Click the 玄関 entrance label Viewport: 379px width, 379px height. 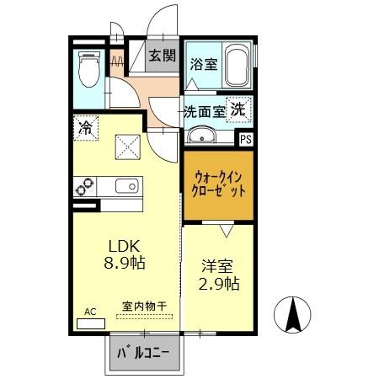[x=163, y=56]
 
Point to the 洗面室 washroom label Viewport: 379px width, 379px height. [x=204, y=110]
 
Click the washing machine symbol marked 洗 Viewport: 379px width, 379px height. [x=239, y=109]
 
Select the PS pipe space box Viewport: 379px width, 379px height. [x=245, y=141]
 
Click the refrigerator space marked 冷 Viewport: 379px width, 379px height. [x=85, y=128]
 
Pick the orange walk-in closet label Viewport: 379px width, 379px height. [x=218, y=184]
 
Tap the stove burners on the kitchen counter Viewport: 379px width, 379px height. [x=85, y=186]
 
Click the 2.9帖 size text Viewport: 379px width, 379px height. [x=219, y=284]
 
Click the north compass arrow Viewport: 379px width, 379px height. [x=295, y=316]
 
